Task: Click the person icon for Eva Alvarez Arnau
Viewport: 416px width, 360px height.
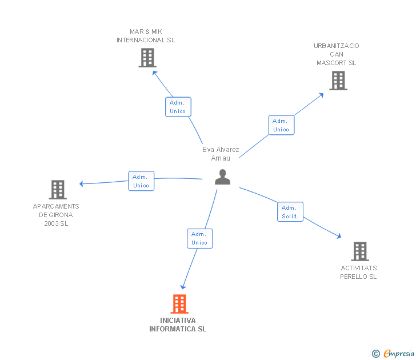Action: click(222, 177)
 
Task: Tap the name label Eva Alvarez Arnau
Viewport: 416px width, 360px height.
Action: click(221, 154)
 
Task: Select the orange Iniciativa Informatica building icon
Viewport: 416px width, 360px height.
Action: click(179, 304)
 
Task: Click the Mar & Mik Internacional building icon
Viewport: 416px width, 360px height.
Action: click(147, 58)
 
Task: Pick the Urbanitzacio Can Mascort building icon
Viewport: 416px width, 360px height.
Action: click(338, 81)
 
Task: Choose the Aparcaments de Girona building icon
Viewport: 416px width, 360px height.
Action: click(58, 190)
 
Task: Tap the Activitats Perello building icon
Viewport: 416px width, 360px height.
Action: click(359, 251)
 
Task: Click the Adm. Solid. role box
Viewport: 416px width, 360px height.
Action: click(290, 212)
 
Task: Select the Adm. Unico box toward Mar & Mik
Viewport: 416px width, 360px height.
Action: click(178, 107)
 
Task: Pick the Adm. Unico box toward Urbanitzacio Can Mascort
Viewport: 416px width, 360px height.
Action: click(281, 125)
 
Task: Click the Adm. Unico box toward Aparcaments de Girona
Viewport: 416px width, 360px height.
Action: click(141, 181)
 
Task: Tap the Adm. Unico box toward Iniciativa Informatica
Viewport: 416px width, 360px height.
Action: click(199, 238)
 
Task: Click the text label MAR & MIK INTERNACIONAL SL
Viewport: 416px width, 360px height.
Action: click(146, 36)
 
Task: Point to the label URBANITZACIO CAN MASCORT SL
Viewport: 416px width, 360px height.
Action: click(337, 54)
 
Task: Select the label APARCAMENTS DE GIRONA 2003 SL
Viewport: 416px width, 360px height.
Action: click(56, 215)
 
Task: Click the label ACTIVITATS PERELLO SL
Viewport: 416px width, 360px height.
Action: click(358, 273)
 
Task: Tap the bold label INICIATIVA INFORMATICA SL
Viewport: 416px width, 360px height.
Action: click(178, 325)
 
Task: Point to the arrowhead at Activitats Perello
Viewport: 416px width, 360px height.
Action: click(339, 236)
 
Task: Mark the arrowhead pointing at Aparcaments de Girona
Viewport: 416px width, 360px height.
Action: click(81, 183)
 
